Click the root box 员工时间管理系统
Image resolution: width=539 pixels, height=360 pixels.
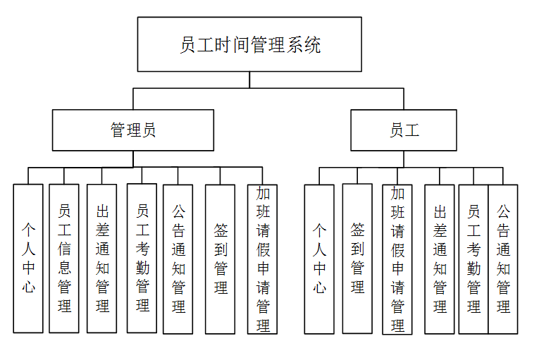tap(249, 44)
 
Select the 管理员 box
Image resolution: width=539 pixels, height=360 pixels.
tap(133, 130)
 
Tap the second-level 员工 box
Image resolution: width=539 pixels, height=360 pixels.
tap(404, 130)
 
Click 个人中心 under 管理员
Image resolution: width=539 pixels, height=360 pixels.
tap(28, 259)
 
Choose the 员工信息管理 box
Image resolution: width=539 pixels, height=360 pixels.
tap(64, 259)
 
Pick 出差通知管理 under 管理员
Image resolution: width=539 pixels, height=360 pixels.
tap(101, 259)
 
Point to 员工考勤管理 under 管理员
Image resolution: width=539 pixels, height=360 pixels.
tap(142, 259)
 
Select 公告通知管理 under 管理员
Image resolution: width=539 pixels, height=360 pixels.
tap(178, 259)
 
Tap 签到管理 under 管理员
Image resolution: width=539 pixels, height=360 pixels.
tap(221, 259)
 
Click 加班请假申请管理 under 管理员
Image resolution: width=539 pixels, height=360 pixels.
tap(262, 259)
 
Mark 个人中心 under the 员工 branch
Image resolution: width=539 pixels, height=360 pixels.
tap(319, 259)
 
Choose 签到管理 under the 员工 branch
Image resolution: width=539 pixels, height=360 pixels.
tap(357, 259)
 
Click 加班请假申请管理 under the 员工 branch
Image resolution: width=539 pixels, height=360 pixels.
tap(397, 259)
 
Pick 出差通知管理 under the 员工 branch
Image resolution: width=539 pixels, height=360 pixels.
tap(440, 259)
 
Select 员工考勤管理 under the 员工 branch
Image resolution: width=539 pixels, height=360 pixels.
tap(473, 259)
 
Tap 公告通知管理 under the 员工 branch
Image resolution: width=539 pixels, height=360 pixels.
tap(503, 259)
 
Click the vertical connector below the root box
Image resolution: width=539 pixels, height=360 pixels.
tap(249, 80)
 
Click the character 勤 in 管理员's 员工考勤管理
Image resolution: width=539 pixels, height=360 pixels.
tap(142, 268)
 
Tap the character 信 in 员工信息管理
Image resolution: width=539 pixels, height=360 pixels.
tap(64, 249)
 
